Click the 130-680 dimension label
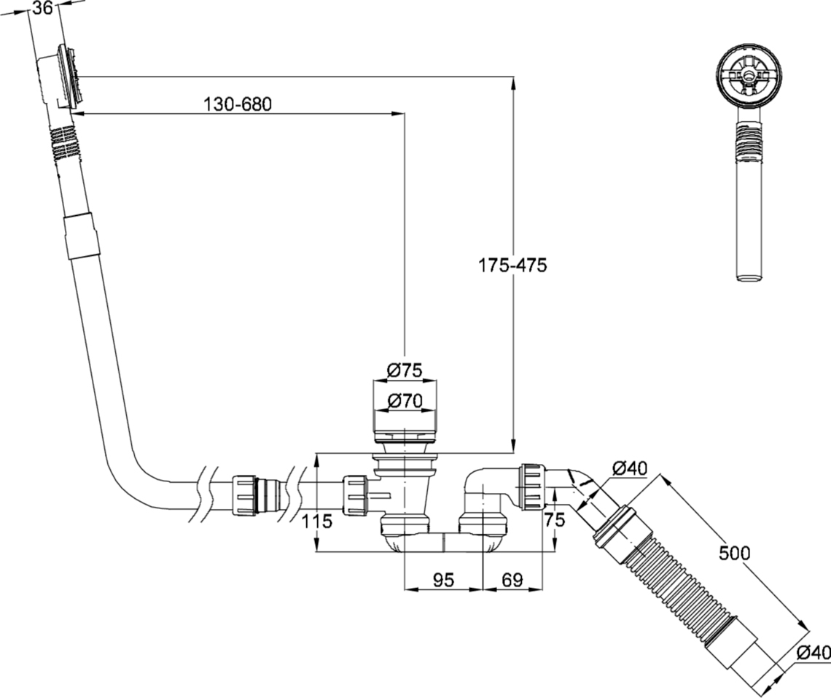(237, 104)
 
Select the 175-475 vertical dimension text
(512, 265)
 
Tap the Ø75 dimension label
(405, 371)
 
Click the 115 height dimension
(317, 521)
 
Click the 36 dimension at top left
(44, 9)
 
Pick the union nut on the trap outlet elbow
(531, 485)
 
